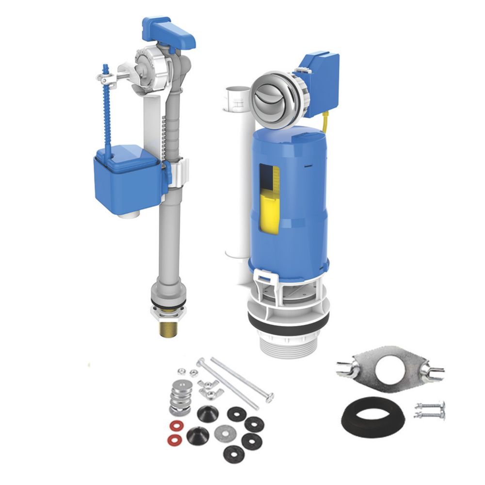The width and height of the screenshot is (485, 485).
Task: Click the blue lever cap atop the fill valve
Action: click(x=168, y=30)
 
